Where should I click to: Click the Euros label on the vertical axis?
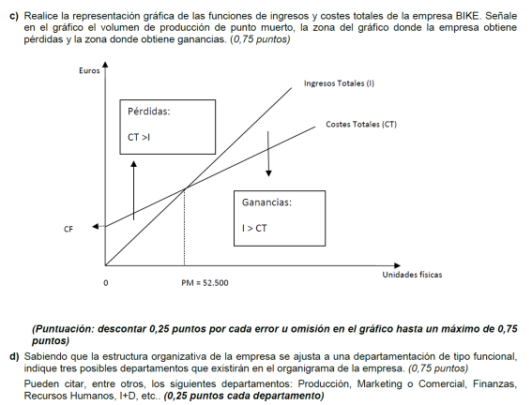coord(91,71)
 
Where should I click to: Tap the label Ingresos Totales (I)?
coord(339,83)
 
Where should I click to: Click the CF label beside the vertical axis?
coord(68,228)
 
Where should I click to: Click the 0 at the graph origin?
coord(105,281)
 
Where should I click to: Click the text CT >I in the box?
coord(139,137)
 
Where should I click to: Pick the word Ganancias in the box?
coord(266,202)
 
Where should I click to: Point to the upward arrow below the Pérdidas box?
coord(133,187)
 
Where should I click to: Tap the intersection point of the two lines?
coord(184,188)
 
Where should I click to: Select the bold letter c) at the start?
coord(14,16)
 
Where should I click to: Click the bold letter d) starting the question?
coord(14,357)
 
